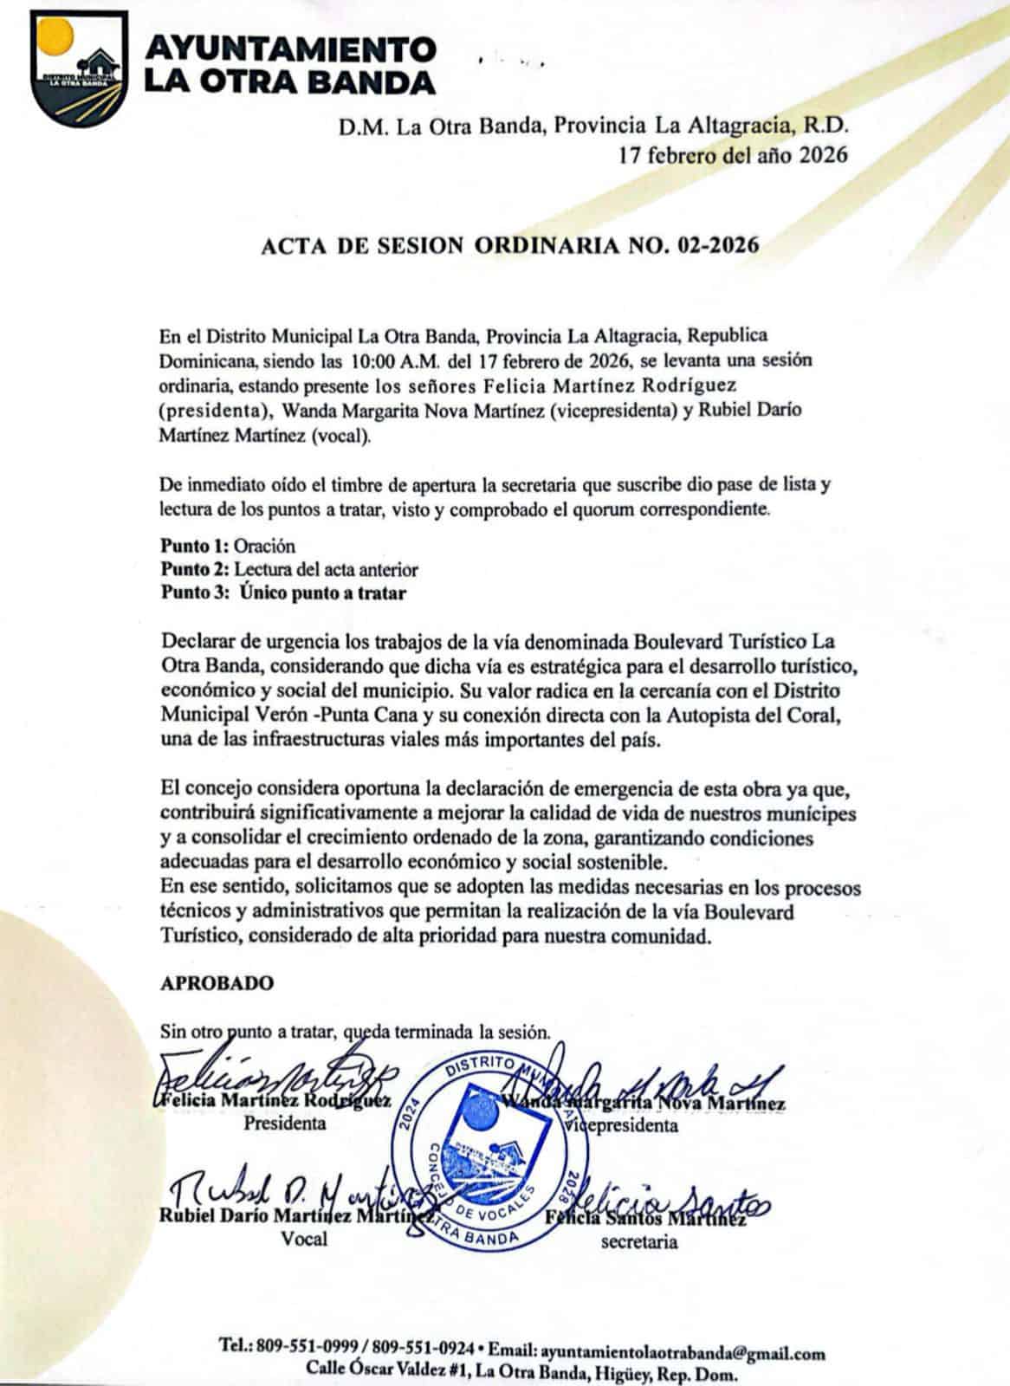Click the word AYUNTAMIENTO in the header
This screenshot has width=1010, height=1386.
point(288,49)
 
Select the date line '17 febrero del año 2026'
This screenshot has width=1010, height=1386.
point(732,155)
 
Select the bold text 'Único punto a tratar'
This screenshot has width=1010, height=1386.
point(323,593)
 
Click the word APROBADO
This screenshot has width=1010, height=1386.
point(217,983)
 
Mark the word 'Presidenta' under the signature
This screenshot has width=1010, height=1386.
point(284,1124)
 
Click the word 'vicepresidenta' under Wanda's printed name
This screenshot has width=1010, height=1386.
point(622,1126)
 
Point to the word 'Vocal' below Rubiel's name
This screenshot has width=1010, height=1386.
point(304,1239)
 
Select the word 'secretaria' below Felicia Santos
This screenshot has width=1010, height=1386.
point(639,1242)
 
